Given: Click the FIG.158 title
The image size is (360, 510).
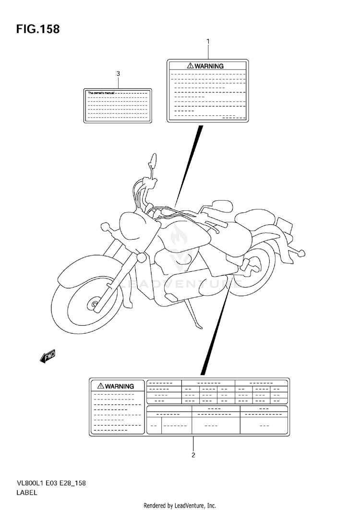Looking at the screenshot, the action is [38, 29].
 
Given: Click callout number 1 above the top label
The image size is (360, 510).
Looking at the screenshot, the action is [208, 42].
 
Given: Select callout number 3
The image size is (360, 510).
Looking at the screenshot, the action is [118, 73].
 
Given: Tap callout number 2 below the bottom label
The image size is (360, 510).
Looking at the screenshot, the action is [193, 455].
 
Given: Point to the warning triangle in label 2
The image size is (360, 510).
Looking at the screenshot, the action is [100, 386].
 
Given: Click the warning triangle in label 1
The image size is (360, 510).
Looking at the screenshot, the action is [191, 66].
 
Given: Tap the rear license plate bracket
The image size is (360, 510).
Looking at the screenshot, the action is [285, 223].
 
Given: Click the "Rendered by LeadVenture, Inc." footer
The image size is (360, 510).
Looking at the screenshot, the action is [180, 506].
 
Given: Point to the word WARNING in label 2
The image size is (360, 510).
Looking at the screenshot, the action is [120, 386].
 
